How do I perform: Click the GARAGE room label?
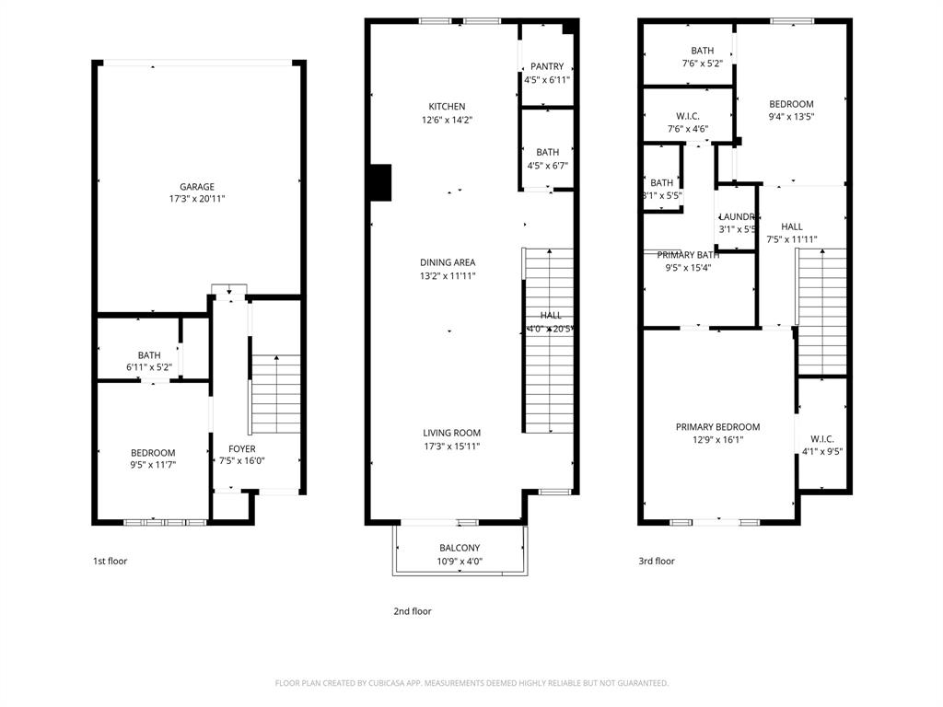197,187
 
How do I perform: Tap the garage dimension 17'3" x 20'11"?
197,199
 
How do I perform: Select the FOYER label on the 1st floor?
242,449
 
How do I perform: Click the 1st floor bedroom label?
153,453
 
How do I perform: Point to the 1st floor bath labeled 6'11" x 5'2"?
149,361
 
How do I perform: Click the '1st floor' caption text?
111,561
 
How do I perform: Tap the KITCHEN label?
447,107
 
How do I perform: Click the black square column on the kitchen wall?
379,182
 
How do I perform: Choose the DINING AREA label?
448,262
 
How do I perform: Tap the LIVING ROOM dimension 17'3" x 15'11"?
451,446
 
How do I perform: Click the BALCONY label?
460,549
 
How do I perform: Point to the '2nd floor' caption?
412,611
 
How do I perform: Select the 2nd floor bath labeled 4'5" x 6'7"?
547,159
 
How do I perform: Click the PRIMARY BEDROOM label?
717,427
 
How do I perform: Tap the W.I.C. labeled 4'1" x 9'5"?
821,445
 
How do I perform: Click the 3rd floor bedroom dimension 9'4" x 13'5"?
791,117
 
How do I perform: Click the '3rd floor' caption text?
656,561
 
